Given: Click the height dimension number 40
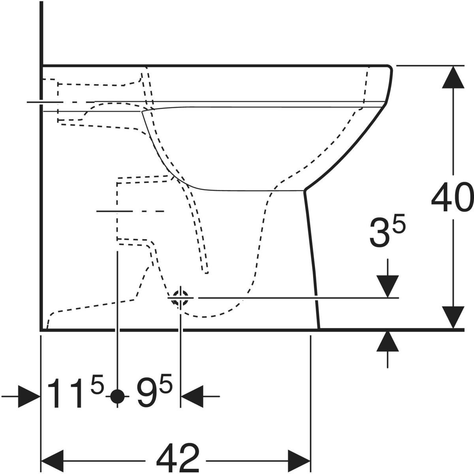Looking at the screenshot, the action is pos(452,197).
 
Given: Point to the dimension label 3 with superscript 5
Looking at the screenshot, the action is pos(387,232).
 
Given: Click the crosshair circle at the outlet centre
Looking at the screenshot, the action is pos(181,298).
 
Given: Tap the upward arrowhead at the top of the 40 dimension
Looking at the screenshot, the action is pos(453,77).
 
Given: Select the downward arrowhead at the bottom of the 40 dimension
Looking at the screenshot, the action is pos(453,317).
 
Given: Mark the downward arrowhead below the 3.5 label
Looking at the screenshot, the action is pos(387,286).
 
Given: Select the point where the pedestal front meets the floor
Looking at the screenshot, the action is pos(319,329).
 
